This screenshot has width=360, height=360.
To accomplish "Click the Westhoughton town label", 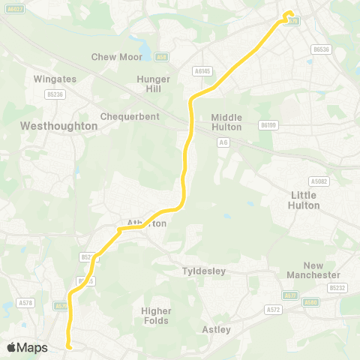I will click(60, 126).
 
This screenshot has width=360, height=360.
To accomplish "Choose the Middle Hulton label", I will click(226, 121).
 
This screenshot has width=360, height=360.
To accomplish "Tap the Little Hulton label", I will click(304, 199).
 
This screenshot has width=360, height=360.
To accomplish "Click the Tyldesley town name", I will click(204, 271).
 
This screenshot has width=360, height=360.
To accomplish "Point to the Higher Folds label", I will click(156, 315).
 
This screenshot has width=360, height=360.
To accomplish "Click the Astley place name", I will click(217, 329).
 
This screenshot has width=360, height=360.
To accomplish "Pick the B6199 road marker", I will click(268, 124).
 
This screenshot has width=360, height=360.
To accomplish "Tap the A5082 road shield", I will click(319, 181).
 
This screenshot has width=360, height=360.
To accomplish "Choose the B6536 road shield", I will click(321, 49).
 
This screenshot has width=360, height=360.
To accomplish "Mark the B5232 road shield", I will click(337, 287).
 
